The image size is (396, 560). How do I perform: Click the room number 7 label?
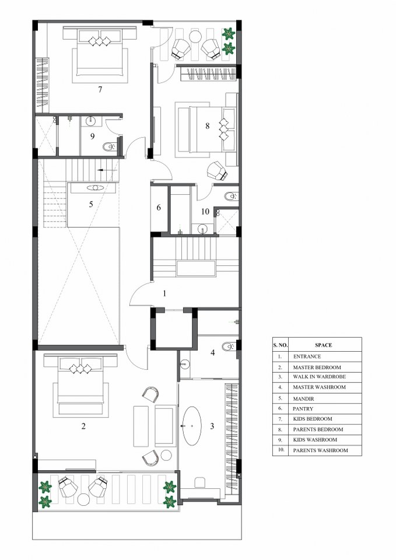click(x=100, y=90)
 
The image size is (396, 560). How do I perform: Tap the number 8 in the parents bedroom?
click(x=208, y=126)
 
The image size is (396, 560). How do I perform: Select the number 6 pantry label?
click(x=159, y=208)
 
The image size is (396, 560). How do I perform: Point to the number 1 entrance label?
click(x=164, y=293)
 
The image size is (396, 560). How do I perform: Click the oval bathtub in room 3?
click(x=192, y=425)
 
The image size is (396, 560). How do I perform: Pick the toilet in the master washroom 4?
click(x=228, y=346)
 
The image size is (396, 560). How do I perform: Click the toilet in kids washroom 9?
click(x=108, y=147)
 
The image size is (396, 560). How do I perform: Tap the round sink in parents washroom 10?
click(x=203, y=228)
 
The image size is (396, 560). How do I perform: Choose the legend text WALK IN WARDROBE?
click(x=319, y=377)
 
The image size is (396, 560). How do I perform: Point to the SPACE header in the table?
click(x=324, y=345)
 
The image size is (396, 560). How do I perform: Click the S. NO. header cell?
click(x=281, y=345)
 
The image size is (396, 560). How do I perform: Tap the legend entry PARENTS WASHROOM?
click(x=320, y=450)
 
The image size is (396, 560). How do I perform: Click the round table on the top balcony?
click(x=196, y=36)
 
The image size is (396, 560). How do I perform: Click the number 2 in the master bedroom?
click(x=83, y=426)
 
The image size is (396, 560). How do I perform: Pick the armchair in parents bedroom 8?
click(x=218, y=171)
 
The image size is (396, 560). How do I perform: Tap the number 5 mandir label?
click(x=91, y=204)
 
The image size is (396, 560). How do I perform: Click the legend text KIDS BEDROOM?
click(x=313, y=419)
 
